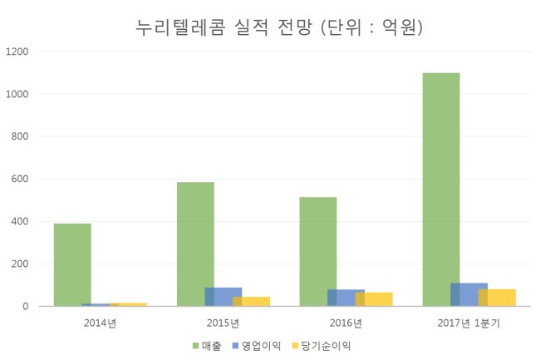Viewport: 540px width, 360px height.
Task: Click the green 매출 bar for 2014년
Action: (x=72, y=264)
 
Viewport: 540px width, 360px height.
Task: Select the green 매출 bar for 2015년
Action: (x=195, y=244)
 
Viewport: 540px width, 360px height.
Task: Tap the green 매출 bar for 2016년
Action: (x=318, y=251)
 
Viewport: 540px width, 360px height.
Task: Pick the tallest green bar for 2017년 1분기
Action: (x=441, y=190)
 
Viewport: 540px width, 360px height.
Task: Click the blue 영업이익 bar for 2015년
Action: (x=223, y=297)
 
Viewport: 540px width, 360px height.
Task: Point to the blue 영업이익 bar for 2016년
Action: (x=346, y=298)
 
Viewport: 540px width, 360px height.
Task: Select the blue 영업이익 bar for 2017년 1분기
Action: (x=469, y=294)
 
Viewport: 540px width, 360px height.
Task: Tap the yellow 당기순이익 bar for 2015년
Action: (x=252, y=302)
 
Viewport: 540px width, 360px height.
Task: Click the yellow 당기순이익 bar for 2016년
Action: (x=374, y=299)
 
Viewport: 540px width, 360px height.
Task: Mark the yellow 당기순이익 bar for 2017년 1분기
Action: (x=497, y=298)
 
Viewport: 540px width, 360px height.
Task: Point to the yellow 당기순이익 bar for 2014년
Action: (x=128, y=304)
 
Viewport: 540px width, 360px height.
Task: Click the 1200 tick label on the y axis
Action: (x=17, y=52)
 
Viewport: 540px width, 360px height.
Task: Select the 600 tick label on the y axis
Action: (x=20, y=179)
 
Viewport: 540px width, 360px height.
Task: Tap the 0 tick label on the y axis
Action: (x=26, y=306)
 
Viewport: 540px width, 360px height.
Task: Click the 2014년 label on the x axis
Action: (x=101, y=323)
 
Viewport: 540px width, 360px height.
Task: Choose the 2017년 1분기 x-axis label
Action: (x=469, y=323)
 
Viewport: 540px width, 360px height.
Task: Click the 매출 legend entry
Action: (x=207, y=346)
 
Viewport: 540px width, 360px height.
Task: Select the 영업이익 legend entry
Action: (x=257, y=346)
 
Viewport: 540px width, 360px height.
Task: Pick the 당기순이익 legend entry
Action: (x=322, y=346)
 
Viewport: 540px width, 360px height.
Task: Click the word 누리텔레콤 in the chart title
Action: (x=180, y=27)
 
